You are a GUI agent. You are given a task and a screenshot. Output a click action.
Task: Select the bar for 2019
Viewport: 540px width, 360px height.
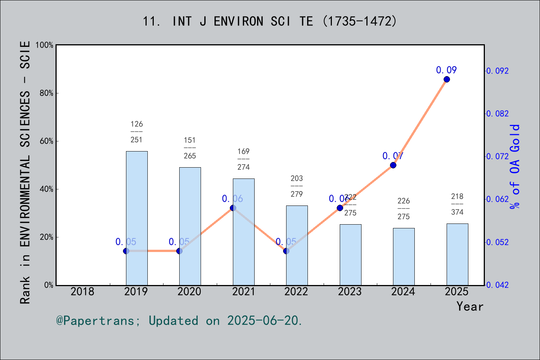coord(136,218)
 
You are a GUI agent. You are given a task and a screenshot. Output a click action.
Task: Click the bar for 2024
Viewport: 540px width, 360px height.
coord(403,256)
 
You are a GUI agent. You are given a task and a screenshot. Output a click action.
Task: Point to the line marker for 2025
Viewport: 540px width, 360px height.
coord(447,79)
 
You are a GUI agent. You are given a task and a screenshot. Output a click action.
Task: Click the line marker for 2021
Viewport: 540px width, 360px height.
coord(233,208)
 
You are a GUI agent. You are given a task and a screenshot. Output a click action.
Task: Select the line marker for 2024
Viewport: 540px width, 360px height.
coord(393,165)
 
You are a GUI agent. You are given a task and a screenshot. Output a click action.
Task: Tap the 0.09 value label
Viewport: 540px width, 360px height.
coord(446,70)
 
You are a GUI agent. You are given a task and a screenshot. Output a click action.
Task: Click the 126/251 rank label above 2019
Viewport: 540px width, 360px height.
coord(136,132)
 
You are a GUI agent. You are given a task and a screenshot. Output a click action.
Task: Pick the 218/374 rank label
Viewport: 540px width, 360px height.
coord(457,204)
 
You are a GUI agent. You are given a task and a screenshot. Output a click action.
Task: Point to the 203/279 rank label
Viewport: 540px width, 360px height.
coord(297,186)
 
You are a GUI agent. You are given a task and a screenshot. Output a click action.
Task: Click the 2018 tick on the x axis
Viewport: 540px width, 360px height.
coord(82,291)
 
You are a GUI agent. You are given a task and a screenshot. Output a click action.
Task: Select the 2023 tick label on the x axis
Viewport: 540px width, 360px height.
coord(349,291)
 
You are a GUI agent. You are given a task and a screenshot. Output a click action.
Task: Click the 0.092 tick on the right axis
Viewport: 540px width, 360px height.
coord(498,71)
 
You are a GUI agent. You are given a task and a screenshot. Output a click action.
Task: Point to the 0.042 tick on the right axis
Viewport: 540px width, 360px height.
coord(498,285)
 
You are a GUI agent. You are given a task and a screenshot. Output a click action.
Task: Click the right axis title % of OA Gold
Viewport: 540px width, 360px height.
coord(514,166)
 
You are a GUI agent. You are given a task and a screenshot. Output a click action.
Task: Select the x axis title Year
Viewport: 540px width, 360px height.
coord(469,306)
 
